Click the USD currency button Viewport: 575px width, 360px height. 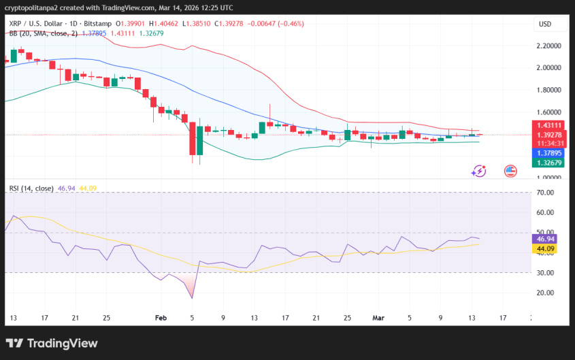click(544, 24)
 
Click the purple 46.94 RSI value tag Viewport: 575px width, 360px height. click(546, 240)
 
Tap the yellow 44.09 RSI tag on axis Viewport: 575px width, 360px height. click(546, 249)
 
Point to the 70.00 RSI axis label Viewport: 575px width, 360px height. click(546, 193)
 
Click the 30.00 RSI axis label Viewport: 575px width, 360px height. click(546, 273)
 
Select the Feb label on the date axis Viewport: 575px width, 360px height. click(161, 317)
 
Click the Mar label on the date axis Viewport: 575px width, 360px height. click(378, 317)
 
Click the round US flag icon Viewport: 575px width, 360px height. click(510, 171)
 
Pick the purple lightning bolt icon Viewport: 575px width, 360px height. click(479, 171)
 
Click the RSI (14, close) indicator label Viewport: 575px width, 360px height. click(32, 189)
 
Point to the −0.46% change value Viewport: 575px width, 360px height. click(290, 24)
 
